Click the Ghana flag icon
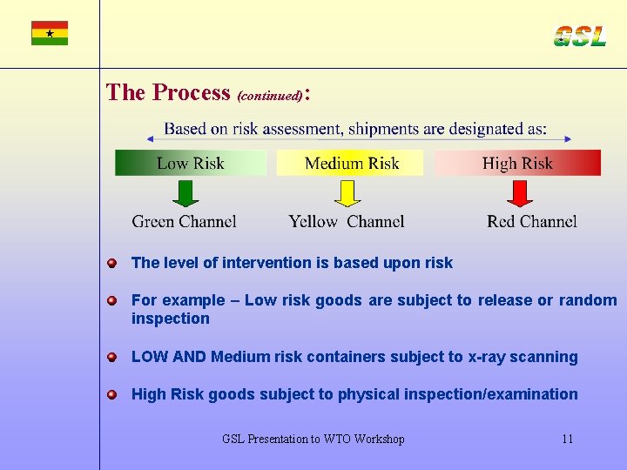pyautogui.click(x=50, y=33)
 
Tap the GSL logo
pyautogui.click(x=579, y=36)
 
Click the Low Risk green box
pyautogui.click(x=191, y=163)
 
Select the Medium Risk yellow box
pyautogui.click(x=350, y=163)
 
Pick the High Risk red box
pyautogui.click(x=517, y=163)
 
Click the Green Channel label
pyautogui.click(x=184, y=221)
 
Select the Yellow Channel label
pyautogui.click(x=347, y=221)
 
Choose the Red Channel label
pyautogui.click(x=532, y=221)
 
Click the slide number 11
pyautogui.click(x=567, y=439)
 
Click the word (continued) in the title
pyautogui.click(x=270, y=94)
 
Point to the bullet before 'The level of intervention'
pyautogui.click(x=112, y=263)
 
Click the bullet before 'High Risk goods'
pyautogui.click(x=112, y=394)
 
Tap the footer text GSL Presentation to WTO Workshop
pyautogui.click(x=313, y=439)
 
